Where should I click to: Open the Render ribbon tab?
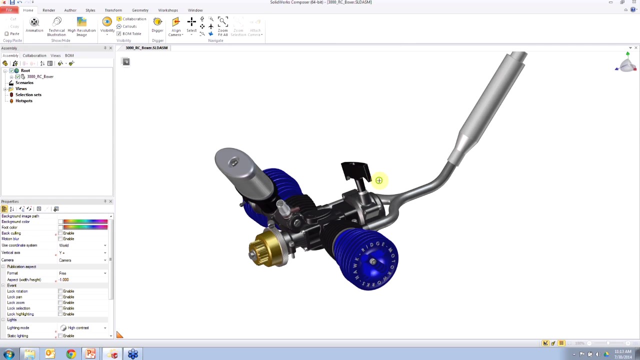[48, 10]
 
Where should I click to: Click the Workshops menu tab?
[168, 10]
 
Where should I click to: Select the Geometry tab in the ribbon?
[140, 10]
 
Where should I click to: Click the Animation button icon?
[34, 22]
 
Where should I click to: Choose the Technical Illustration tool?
[56, 22]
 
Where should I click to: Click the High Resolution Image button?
[81, 22]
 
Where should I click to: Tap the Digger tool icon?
[157, 22]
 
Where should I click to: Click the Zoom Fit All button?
[223, 22]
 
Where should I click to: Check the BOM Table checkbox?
[119, 33]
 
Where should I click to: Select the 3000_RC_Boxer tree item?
[40, 76]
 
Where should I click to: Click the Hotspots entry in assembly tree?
[24, 100]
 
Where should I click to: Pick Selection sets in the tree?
[28, 94]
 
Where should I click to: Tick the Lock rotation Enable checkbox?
[60, 291]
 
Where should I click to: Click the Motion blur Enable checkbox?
[60, 238]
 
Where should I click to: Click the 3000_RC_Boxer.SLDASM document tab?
[146, 48]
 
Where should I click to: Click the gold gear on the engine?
[268, 248]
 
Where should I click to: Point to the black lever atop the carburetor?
[354, 170]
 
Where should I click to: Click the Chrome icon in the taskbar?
[70, 354]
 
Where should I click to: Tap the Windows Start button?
[8, 354]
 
